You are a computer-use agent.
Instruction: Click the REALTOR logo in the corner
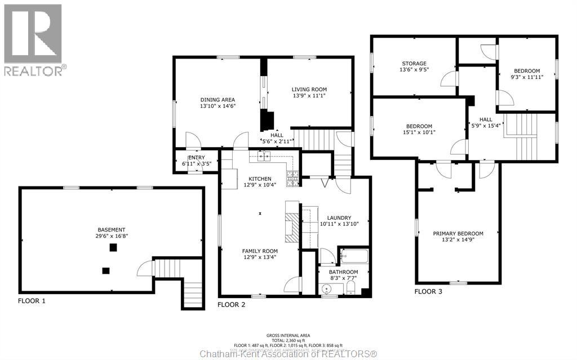[33, 39]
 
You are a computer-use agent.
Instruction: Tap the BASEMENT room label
[111, 229]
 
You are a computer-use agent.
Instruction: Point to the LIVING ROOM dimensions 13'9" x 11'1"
[309, 96]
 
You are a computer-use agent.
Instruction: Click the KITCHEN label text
[260, 179]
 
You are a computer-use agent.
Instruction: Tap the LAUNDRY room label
[335, 217]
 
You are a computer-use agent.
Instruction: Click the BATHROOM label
[344, 272]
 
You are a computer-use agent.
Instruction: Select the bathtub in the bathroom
[353, 256]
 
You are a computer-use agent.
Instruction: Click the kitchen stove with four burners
[293, 179]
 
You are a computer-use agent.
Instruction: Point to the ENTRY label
[196, 157]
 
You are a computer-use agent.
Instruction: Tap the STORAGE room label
[414, 63]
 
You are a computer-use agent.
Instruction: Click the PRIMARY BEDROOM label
[458, 233]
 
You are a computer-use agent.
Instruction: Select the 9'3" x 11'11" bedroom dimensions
[526, 77]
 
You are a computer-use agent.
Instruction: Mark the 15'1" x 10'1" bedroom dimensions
[419, 133]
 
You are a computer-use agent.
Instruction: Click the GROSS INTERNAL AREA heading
[288, 335]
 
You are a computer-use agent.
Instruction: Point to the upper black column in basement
[113, 247]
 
